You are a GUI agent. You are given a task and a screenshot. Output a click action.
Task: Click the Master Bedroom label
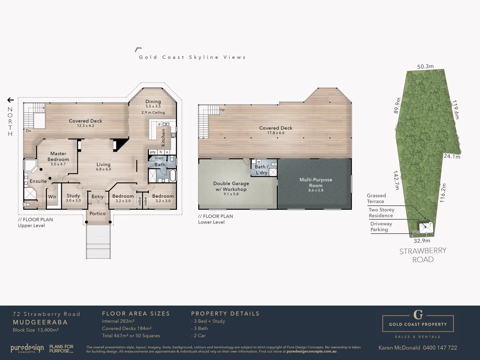tap(58, 157)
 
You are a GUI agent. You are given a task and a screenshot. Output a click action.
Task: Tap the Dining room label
tap(153, 102)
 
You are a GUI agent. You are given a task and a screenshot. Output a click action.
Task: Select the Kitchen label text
tap(163, 138)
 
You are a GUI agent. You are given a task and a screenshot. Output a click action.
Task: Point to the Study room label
tap(73, 196)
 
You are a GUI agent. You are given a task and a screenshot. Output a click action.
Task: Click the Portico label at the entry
tap(97, 214)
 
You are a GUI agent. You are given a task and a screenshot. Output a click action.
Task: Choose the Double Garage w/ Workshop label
tap(231, 186)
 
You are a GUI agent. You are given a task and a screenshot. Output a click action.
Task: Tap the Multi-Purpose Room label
tap(316, 183)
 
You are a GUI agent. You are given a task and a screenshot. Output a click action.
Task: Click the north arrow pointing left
tap(11, 100)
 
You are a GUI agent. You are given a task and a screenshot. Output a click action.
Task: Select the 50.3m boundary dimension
tap(425, 67)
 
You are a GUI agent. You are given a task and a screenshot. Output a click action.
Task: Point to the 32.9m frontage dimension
tap(422, 241)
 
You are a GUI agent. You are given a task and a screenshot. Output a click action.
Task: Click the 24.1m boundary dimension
tap(452, 156)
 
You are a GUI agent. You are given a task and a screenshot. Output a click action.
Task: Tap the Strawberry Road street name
tap(423, 255)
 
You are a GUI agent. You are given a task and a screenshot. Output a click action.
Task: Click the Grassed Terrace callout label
tap(376, 198)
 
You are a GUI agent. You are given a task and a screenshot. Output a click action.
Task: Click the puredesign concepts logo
tap(27, 349)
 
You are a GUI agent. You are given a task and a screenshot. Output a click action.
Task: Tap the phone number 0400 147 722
tap(440, 348)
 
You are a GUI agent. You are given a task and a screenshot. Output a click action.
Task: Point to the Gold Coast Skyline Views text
tap(192, 57)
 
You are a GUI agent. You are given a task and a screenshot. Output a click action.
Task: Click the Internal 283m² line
tap(118, 321)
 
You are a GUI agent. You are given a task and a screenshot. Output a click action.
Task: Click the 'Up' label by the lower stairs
tap(222, 110)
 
